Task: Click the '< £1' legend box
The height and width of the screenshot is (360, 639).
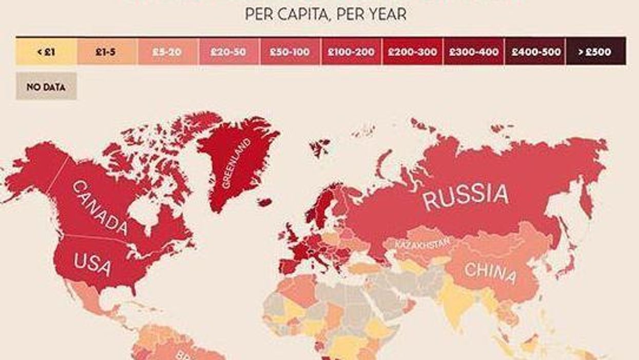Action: click(46, 51)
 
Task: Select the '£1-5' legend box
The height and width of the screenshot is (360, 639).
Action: click(107, 51)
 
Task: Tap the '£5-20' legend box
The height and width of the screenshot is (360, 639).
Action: click(167, 51)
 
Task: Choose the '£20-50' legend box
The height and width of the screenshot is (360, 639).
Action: click(228, 51)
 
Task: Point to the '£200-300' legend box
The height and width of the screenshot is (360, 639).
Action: click(412, 51)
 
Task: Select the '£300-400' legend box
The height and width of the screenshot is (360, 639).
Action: click(473, 51)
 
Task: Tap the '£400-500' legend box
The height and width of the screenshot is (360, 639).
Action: click(534, 51)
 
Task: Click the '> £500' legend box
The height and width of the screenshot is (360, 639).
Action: click(595, 51)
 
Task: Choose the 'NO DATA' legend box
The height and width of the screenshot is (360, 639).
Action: click(46, 86)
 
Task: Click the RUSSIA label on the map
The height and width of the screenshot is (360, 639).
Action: click(466, 195)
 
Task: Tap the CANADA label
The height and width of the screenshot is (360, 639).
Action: click(100, 208)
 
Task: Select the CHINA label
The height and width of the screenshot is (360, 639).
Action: click(490, 273)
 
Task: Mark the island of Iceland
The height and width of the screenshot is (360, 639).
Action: click(265, 202)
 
